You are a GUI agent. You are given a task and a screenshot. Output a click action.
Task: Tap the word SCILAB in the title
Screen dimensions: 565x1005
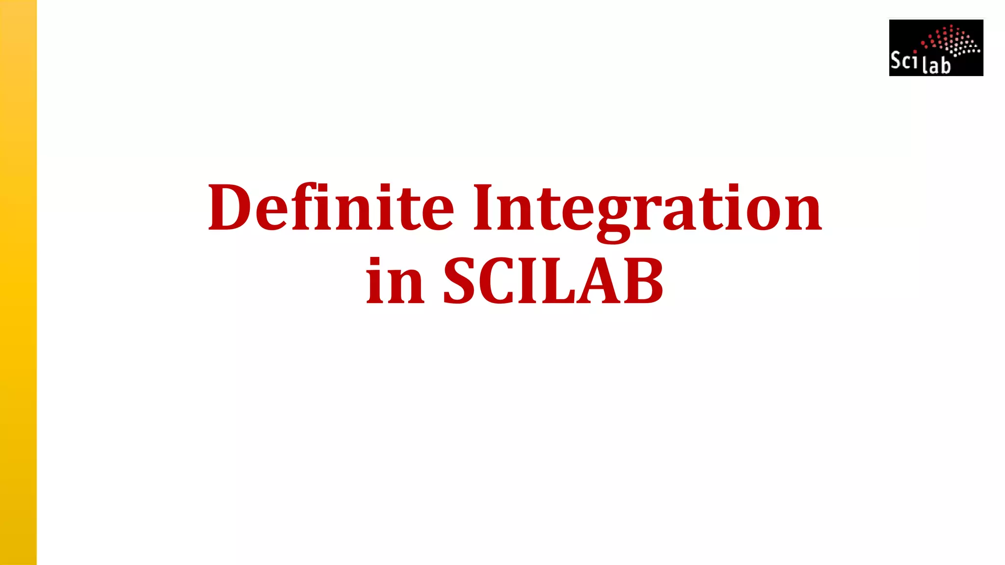553,282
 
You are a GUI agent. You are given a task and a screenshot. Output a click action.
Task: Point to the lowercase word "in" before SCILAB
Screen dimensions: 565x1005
395,282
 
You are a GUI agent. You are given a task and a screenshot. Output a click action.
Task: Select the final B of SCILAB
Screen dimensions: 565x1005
643,282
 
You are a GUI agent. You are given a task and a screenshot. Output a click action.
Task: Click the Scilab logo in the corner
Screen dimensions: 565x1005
936,48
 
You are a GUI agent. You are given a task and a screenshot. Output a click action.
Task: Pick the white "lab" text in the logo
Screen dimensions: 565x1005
936,65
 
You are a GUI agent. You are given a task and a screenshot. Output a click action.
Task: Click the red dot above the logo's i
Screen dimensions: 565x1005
915,51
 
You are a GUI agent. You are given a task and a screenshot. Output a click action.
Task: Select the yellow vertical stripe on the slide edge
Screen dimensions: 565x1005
18,282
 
